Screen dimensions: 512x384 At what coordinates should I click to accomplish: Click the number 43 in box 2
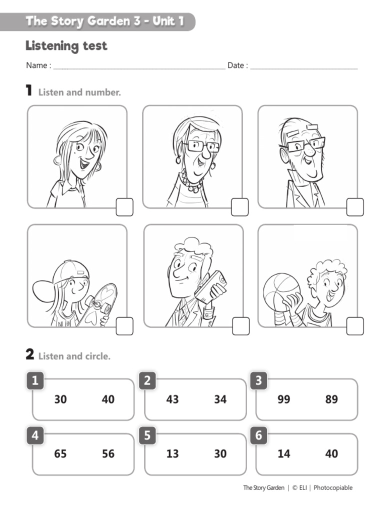172,399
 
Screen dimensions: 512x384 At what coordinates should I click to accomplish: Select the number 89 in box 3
331,399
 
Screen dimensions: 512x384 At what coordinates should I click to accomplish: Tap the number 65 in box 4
60,454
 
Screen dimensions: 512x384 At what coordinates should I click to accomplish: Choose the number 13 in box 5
172,454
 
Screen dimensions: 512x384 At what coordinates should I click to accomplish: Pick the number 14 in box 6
284,454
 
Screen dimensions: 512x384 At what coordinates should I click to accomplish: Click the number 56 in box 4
108,454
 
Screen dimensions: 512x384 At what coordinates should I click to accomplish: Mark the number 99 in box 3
284,399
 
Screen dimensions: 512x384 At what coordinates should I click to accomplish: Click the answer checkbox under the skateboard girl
124,326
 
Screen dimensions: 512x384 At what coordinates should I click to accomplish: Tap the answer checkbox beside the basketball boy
355,326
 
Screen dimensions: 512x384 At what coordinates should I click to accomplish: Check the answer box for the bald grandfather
355,207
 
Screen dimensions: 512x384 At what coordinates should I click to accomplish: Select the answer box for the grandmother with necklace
239,207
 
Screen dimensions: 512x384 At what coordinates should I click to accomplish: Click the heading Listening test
66,46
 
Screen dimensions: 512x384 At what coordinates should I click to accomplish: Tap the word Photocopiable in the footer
333,487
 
